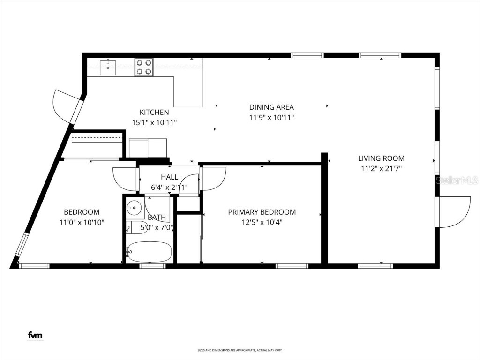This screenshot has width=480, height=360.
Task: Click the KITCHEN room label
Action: (154, 112)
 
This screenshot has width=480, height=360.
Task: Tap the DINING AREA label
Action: (271, 107)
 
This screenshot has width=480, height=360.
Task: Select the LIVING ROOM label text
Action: (381, 158)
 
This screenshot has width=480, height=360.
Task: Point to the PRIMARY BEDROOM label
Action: (262, 212)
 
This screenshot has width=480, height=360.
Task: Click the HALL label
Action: (169, 177)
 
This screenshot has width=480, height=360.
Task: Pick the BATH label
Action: (157, 217)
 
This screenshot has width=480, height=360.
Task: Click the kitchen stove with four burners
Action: (144, 67)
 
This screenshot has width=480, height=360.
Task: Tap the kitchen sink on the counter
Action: (108, 66)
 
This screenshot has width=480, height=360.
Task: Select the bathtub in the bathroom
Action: (150, 252)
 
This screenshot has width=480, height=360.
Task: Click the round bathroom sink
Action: (135, 206)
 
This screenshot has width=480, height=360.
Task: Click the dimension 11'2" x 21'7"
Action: (381, 169)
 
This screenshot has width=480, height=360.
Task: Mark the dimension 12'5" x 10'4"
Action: (262, 222)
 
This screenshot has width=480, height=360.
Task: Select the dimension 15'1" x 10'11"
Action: (154, 122)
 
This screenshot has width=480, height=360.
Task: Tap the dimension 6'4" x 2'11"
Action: (169, 187)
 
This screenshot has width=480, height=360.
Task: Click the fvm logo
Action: (35, 335)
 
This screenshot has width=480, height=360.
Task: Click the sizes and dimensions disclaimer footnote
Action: (240, 350)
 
